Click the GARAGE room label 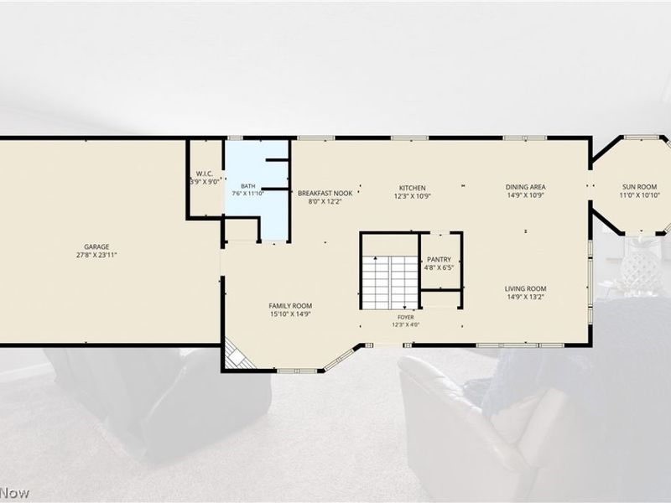point(96,246)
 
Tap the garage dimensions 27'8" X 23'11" point(96,255)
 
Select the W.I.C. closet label point(205,174)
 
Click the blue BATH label point(247,186)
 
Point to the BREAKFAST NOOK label point(325,194)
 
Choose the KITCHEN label point(413,188)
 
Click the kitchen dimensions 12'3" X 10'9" point(413,196)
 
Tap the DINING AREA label point(526,187)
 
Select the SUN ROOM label point(639,187)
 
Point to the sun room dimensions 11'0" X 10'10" point(639,195)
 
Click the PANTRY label point(439,260)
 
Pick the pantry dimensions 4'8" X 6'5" point(439,267)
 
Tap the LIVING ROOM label point(526,288)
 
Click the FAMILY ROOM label point(290,306)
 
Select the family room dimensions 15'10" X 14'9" point(290,314)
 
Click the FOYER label point(406,318)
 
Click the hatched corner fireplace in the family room point(237,355)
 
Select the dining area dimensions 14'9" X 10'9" point(526,195)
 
